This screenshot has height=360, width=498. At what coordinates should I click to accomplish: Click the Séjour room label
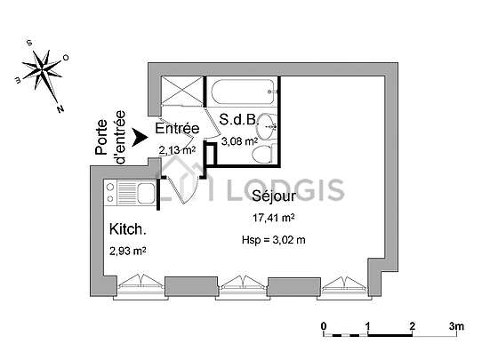[x=274, y=196]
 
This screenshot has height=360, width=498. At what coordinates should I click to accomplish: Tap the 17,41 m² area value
[x=274, y=218]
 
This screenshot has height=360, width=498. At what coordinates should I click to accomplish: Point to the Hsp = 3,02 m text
[x=274, y=240]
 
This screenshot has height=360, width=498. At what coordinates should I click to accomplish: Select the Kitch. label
[x=128, y=229]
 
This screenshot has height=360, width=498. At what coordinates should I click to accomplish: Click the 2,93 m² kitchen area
[x=128, y=251]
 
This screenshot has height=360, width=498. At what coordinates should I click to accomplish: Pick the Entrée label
[x=177, y=128]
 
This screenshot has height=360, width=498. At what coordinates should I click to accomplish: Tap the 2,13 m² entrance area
[x=177, y=150]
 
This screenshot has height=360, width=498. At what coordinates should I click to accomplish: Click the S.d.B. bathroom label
[x=239, y=119]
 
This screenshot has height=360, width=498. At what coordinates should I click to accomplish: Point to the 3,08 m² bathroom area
[x=239, y=141]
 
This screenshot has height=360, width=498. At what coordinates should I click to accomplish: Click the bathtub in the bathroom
[x=243, y=92]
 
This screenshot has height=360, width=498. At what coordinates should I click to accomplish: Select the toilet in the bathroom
[x=264, y=154]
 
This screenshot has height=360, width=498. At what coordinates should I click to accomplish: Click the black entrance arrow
[x=140, y=138]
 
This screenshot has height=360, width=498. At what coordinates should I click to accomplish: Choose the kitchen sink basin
[x=146, y=193]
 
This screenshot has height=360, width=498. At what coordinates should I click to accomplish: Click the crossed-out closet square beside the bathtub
[x=182, y=91]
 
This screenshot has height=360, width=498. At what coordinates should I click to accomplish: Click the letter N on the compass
[x=60, y=108]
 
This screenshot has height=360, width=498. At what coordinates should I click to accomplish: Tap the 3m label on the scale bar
[x=456, y=326]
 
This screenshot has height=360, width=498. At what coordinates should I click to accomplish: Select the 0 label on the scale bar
[x=324, y=326]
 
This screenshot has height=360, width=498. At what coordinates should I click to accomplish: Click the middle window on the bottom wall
[x=243, y=287]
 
